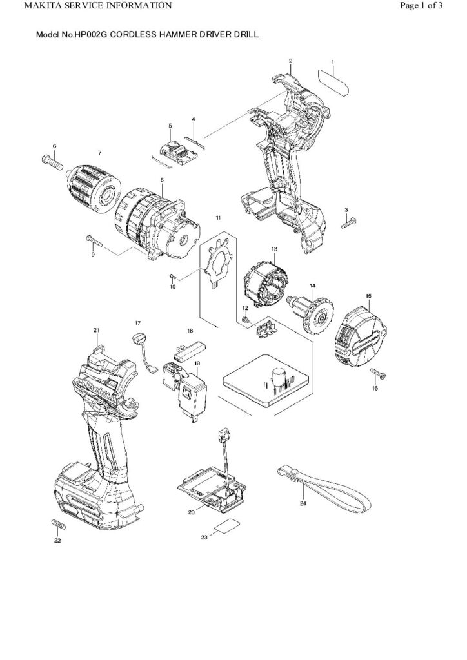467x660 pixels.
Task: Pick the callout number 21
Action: (96, 331)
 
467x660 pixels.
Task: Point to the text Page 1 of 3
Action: (421, 6)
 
